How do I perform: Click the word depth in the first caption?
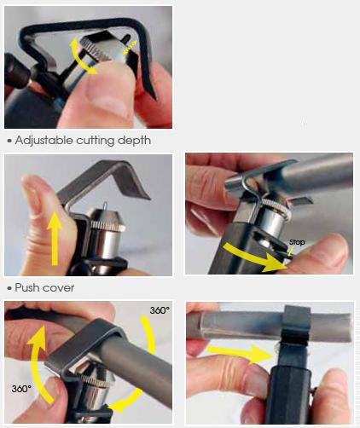coord(134,141)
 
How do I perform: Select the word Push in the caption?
coord(27,287)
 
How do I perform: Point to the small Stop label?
coord(297,242)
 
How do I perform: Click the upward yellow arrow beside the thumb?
coord(55,239)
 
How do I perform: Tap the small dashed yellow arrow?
coord(130,48)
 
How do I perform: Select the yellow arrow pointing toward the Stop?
coord(253,257)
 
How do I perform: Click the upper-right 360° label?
coord(160,310)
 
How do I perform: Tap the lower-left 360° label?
coord(21,389)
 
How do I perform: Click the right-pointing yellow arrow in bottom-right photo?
coord(241,354)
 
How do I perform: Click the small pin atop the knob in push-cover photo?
coord(106,205)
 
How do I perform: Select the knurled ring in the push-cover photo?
coord(108,226)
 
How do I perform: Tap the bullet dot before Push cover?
coord(10,288)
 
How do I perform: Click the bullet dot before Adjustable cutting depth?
coord(10,142)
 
